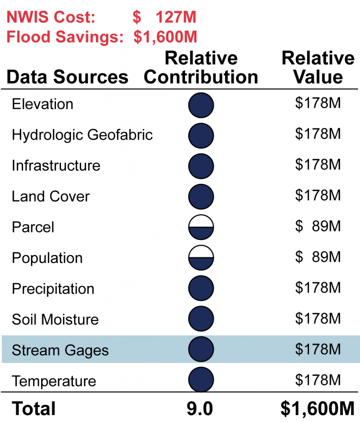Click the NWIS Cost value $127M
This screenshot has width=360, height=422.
164,17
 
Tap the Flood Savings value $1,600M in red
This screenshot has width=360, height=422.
165,37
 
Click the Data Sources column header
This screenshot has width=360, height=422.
68,77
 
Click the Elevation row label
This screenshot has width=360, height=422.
42,104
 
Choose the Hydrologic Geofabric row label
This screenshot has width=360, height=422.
82,135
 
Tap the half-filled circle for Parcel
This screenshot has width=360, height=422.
201,227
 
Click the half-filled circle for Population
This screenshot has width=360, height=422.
201,258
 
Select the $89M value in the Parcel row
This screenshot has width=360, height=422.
318,226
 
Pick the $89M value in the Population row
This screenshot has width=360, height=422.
318,257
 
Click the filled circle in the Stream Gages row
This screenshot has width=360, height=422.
201,350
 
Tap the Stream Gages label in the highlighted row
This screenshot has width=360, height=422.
60,351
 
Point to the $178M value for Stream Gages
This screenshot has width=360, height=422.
318,349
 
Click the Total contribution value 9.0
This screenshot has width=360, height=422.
201,409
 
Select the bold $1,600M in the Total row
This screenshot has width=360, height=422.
318,408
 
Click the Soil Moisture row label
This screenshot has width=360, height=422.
55,320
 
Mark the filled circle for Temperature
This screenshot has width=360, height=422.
201,380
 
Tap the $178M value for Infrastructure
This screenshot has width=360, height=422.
318,165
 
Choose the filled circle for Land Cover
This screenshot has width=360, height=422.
201,196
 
